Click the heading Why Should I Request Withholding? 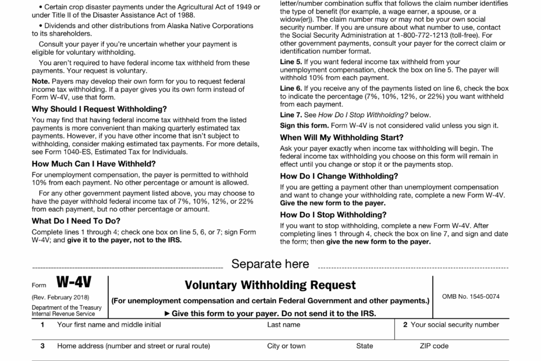point(99,109)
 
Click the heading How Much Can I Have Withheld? point(94,164)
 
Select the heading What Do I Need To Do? point(76,221)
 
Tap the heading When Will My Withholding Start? point(341,137)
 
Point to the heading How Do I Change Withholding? point(339,176)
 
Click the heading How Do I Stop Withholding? point(334,214)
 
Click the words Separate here point(270,264)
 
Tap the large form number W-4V point(73,284)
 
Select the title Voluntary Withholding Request point(270,285)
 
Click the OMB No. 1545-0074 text point(471,296)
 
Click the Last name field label point(283,324)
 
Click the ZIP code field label point(434,346)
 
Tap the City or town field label point(286,346)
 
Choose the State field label point(365,346)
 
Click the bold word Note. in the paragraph point(41,81)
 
